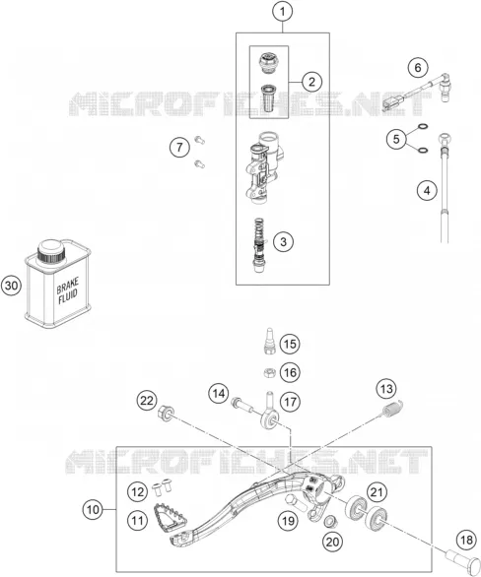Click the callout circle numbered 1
[283, 12]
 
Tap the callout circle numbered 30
[12, 286]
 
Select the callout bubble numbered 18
[466, 541]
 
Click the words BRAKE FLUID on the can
[68, 291]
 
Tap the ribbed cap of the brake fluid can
[51, 251]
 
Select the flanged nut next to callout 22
[167, 413]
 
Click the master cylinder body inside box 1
[264, 167]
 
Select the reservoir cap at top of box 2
[268, 64]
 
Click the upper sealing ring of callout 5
[424, 127]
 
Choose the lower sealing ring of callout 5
[424, 150]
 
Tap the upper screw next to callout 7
[199, 140]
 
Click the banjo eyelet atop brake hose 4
[445, 140]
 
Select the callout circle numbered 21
[377, 492]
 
